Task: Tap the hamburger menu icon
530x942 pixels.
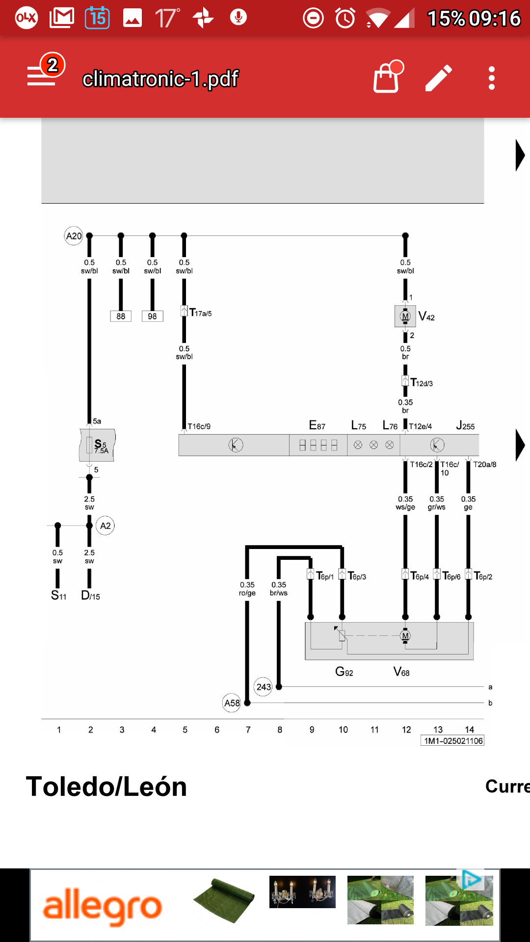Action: point(42,77)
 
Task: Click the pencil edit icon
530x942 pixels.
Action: point(438,78)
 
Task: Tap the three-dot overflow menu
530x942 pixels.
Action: point(491,78)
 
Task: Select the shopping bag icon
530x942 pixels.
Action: point(387,78)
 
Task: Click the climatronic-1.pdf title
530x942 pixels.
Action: point(160,78)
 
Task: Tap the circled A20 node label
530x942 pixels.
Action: point(74,236)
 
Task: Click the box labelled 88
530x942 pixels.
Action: point(121,316)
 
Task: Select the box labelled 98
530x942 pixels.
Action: point(152,316)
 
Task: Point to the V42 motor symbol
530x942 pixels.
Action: point(405,316)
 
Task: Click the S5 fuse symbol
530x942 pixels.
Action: point(97,445)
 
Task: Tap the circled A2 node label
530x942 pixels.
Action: point(105,526)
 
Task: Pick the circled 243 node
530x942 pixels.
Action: point(264,687)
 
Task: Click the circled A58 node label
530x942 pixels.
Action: point(232,703)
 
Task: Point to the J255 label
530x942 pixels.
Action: point(465,426)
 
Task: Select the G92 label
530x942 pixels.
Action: point(344,672)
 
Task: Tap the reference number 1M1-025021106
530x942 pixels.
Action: point(452,741)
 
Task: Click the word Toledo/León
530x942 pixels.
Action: point(106,786)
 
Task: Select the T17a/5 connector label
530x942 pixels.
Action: point(201,313)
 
